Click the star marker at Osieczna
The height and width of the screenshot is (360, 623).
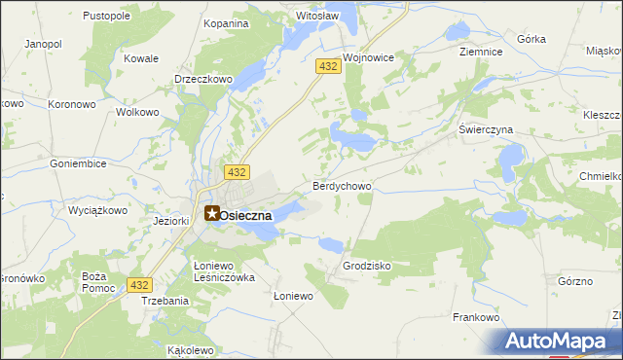click(x=211, y=213)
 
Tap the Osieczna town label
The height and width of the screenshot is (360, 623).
click(x=252, y=216)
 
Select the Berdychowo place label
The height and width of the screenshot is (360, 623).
click(x=342, y=185)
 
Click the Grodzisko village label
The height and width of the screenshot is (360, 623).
click(x=367, y=265)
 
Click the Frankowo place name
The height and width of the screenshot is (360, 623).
click(x=476, y=317)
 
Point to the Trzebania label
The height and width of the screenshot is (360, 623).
click(x=165, y=302)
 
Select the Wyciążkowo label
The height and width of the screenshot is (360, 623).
click(x=99, y=210)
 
